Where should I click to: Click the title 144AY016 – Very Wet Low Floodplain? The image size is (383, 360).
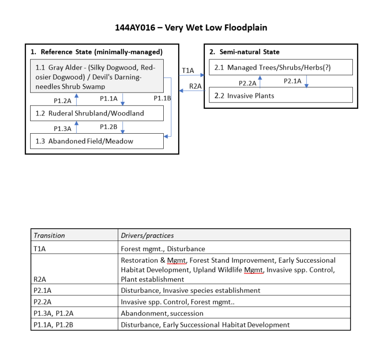pyautogui.click(x=191, y=27)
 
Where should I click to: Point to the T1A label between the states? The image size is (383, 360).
pyautogui.click(x=188, y=70)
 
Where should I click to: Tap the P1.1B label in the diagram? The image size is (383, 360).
pyautogui.click(x=162, y=98)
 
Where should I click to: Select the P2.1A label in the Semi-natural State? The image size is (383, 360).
pyautogui.click(x=293, y=81)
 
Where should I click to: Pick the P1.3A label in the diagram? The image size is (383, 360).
pyautogui.click(x=62, y=128)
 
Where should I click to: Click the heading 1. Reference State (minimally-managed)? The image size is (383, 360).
pyautogui.click(x=97, y=52)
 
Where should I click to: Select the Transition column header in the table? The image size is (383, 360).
pyautogui.click(x=49, y=235)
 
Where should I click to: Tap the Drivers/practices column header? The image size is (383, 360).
pyautogui.click(x=147, y=235)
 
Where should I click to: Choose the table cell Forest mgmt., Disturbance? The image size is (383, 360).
pyautogui.click(x=163, y=249)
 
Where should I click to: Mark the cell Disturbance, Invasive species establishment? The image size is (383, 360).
pyautogui.click(x=191, y=290)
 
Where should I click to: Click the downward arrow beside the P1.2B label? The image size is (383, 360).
pyautogui.click(x=124, y=128)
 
